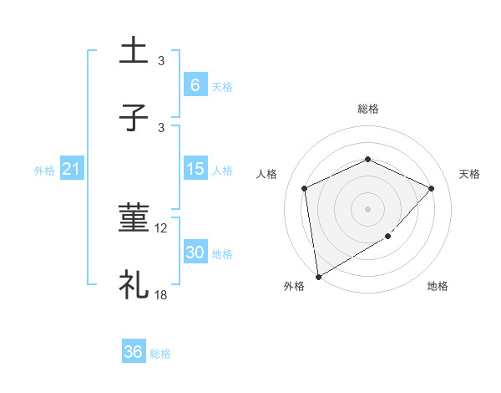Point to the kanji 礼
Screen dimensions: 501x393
pyautogui.click(x=134, y=285)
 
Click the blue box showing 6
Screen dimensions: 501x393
pyautogui.click(x=195, y=85)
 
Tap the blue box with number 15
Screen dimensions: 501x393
pyautogui.click(x=195, y=170)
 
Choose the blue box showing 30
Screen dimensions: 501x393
pyautogui.click(x=195, y=253)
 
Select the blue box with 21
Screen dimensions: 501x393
pyautogui.click(x=72, y=170)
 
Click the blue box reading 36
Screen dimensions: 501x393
pyautogui.click(x=134, y=353)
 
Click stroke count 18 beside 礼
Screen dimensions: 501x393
pyautogui.click(x=160, y=295)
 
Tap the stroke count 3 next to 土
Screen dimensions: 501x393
pyautogui.click(x=161, y=61)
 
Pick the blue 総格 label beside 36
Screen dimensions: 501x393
pyautogui.click(x=160, y=354)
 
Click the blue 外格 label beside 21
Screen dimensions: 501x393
pyautogui.click(x=44, y=171)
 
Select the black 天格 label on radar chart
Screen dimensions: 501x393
pyautogui.click(x=469, y=174)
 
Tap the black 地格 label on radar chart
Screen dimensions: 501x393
pyautogui.click(x=438, y=287)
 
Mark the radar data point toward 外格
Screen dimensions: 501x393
pyautogui.click(x=317, y=276)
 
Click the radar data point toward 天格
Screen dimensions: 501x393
pyautogui.click(x=431, y=188)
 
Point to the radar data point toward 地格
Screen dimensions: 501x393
pyautogui.click(x=388, y=237)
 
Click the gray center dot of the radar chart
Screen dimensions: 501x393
pyautogui.click(x=367, y=208)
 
